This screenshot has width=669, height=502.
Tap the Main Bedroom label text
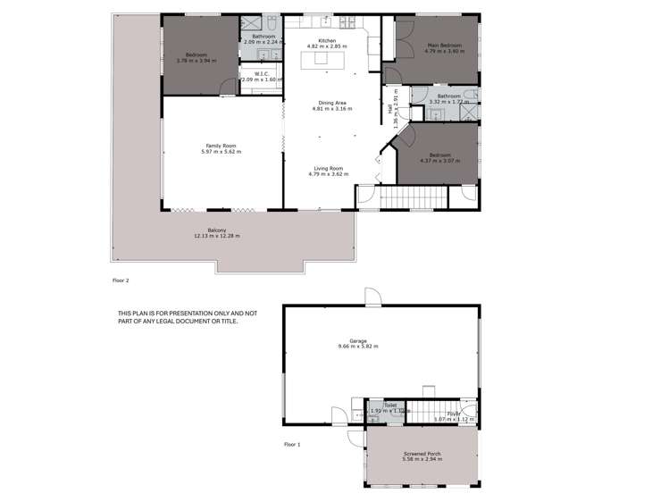(444, 45)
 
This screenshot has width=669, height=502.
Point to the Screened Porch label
(420, 454)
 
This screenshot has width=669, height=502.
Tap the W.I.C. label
(262, 74)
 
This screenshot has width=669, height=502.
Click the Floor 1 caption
(292, 444)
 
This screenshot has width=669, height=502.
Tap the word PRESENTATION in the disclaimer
(193, 313)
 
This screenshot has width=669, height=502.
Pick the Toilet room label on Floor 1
(390, 405)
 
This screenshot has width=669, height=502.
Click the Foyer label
(454, 414)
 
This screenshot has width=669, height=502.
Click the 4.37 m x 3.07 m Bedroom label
(440, 154)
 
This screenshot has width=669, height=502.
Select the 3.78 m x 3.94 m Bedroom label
(197, 54)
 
